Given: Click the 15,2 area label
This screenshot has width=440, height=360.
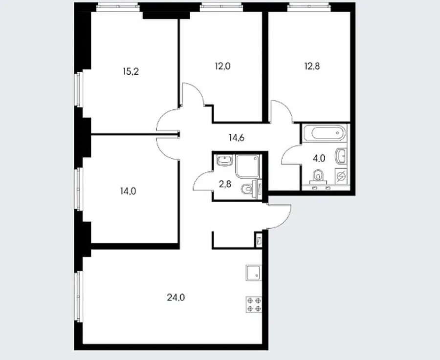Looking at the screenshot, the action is [131, 72].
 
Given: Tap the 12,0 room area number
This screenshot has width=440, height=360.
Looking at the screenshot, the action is [222, 66].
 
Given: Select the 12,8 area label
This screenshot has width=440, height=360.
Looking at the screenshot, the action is [312, 66].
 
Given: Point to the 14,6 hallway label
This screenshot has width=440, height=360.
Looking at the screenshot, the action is [237, 138].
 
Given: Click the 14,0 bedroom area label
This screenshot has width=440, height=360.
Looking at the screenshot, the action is [128, 191].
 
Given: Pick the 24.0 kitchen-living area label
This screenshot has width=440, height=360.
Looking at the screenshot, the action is [176, 297].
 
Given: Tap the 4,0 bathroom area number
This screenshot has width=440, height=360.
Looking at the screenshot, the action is [319, 158].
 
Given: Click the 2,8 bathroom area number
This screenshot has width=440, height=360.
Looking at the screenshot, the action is [225, 184].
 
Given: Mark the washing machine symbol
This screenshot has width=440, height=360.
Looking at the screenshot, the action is [341, 176].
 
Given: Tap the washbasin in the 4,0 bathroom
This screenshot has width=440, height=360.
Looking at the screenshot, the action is [341, 155].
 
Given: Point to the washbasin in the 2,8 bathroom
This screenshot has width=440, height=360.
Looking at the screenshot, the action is [225, 160].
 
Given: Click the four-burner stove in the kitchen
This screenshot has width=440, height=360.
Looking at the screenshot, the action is [254, 304].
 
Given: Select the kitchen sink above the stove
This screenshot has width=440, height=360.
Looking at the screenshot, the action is [254, 273].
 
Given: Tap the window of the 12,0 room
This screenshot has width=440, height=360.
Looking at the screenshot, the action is [221, 7].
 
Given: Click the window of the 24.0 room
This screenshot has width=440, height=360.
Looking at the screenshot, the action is [79, 296].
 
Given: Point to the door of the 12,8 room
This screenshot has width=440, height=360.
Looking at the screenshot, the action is [281, 111].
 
